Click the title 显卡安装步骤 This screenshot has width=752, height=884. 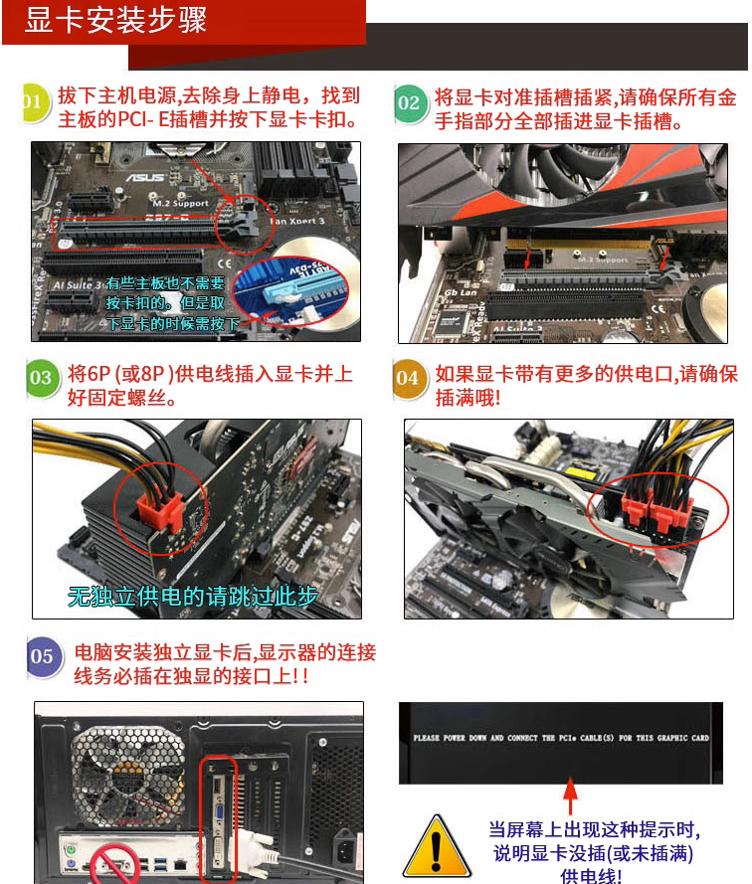[x=116, y=22]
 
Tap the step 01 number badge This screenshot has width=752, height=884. [x=33, y=103]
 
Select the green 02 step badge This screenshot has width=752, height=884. [x=409, y=103]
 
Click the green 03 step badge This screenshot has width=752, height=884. [x=41, y=378]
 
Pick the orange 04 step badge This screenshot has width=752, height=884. [x=408, y=379]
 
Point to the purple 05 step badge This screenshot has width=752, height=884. [x=42, y=656]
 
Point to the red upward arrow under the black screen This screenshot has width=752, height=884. [x=570, y=796]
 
